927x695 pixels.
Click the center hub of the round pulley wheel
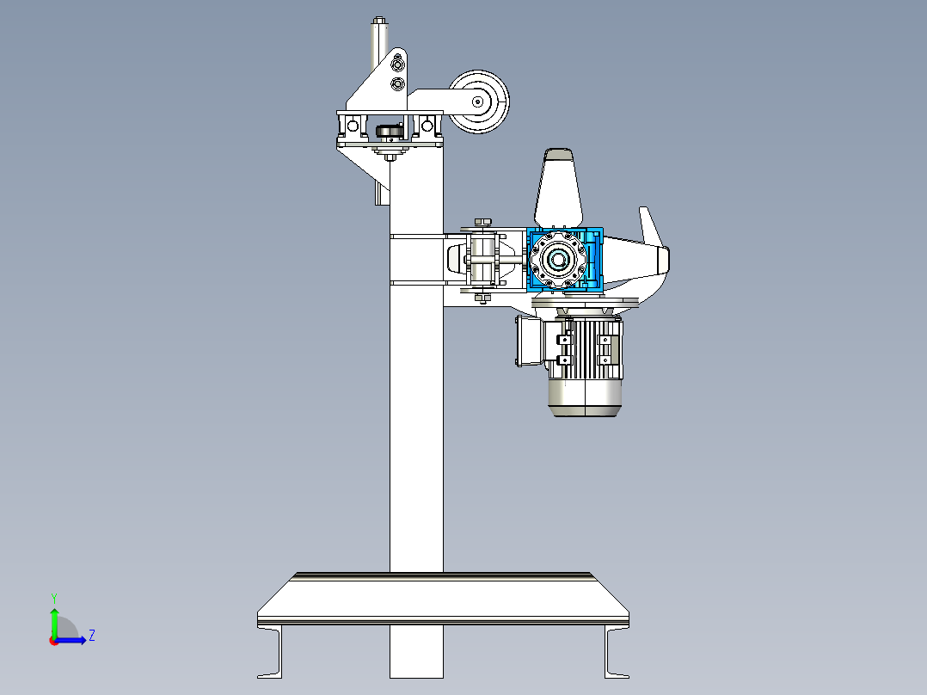pyautogui.click(x=478, y=101)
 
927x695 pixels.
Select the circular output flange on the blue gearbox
pyautogui.click(x=556, y=259)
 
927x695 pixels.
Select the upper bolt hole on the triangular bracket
pyautogui.click(x=396, y=65)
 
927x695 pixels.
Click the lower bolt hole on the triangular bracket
pyautogui.click(x=396, y=83)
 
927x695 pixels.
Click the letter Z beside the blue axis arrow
pyautogui.click(x=91, y=636)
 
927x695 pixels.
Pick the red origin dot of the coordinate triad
pyautogui.click(x=53, y=640)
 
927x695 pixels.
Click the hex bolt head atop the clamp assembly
pyautogui.click(x=482, y=222)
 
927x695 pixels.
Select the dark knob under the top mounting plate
pyautogui.click(x=389, y=131)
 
